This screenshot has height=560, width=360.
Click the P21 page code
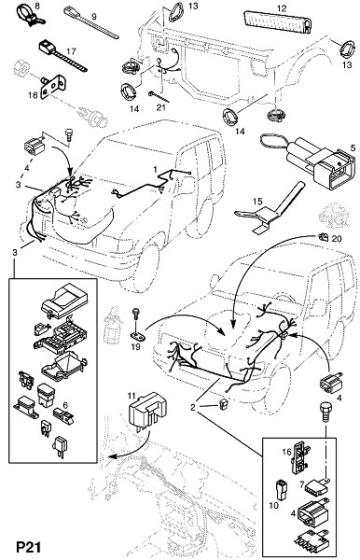[x=29, y=548]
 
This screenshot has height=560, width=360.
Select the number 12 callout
[x=282, y=7]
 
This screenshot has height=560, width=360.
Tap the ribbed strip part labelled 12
[x=277, y=21]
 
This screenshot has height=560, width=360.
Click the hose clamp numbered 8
[x=30, y=15]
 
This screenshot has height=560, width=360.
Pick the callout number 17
[x=72, y=51]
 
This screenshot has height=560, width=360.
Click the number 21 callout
[x=161, y=106]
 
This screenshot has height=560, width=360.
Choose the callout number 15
[x=257, y=202]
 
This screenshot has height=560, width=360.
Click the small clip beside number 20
[x=323, y=236]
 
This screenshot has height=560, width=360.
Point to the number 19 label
[x=135, y=346]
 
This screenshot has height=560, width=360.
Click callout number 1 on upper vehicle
[x=156, y=169]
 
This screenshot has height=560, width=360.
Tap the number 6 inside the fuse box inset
[x=65, y=405]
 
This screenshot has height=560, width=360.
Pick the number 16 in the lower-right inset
[x=286, y=452]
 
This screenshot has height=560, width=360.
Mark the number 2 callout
[x=193, y=408]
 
